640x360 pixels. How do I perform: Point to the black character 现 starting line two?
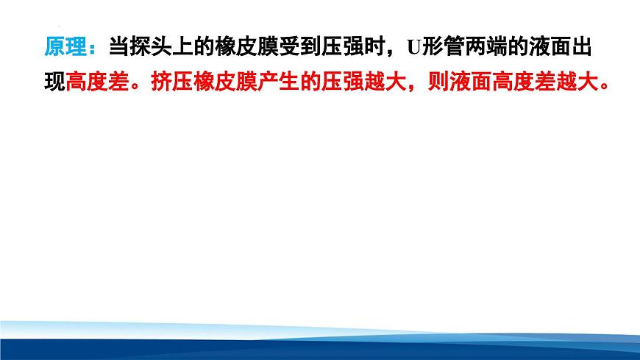tap(54, 81)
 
